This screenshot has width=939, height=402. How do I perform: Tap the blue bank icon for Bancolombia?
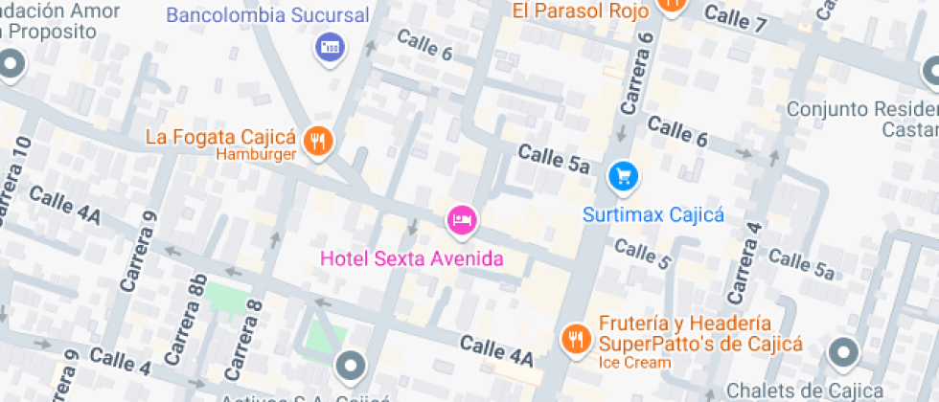tap(329, 46)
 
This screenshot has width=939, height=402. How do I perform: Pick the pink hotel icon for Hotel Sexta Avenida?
tap(461, 220)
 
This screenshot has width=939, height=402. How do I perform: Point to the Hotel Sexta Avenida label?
tap(411, 258)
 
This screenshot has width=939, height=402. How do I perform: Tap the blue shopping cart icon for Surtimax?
tap(624, 176)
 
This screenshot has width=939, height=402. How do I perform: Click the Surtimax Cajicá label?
tap(653, 214)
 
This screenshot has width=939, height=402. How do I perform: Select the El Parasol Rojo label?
tap(581, 11)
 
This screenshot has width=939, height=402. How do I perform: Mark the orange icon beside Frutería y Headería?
tap(575, 339)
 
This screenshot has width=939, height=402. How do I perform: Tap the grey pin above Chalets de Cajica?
tap(843, 353)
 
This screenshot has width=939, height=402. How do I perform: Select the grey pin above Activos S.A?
tap(351, 366)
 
